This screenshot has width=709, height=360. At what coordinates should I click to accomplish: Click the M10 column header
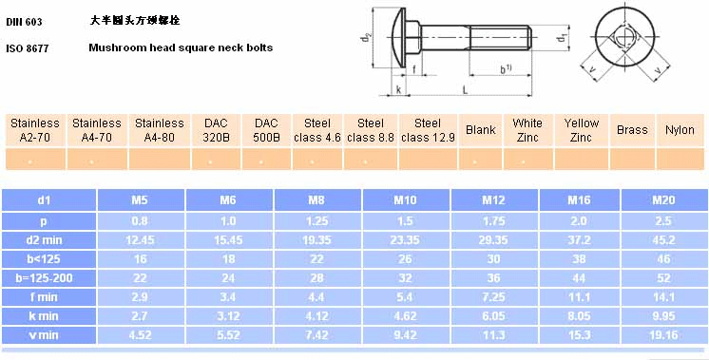[x=405, y=199]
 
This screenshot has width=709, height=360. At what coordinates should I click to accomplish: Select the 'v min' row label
[x=43, y=334]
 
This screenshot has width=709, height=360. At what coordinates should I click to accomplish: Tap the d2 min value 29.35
[x=493, y=240]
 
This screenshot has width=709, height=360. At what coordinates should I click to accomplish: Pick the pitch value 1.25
[x=316, y=221]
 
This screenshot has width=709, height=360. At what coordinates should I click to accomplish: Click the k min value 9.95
[x=663, y=315]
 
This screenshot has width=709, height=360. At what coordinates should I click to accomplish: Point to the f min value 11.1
[x=579, y=296]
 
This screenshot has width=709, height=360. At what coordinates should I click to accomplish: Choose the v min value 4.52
[x=140, y=334]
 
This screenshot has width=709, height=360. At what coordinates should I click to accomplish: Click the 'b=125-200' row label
[x=44, y=277]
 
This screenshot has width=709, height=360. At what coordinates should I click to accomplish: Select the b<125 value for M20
[x=663, y=258]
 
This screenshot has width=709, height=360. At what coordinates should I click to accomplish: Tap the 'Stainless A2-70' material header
[x=35, y=130]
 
